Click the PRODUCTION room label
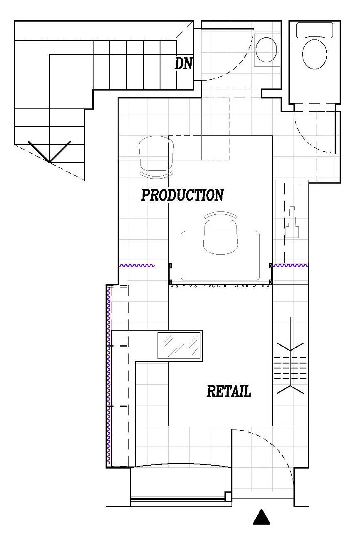(182, 195)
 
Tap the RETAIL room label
(229, 391)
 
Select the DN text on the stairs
(183, 63)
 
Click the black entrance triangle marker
(261, 518)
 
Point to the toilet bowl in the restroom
(315, 54)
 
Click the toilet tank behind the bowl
(315, 30)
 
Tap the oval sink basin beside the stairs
(266, 50)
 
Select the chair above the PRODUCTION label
(156, 157)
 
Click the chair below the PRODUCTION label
(220, 233)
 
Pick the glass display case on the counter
(179, 346)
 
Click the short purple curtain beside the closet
(290, 265)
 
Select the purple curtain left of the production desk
(136, 265)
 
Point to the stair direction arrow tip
(49, 162)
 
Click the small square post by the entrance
(228, 496)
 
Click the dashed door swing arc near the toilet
(308, 141)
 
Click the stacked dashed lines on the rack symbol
(290, 368)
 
